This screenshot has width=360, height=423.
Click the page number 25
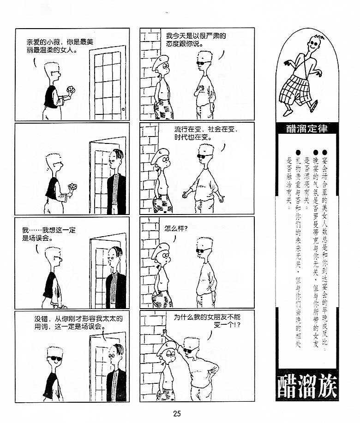click(177, 413)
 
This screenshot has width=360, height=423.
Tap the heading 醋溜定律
click(307, 128)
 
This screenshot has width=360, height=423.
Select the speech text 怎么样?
click(176, 229)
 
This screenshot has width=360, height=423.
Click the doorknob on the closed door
click(123, 109)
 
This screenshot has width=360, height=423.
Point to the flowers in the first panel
click(71, 90)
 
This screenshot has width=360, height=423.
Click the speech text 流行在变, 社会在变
click(206, 129)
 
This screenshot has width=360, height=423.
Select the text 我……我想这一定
click(49, 230)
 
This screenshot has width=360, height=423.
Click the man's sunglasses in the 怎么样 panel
click(203, 251)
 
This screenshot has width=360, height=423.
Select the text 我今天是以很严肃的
click(196, 36)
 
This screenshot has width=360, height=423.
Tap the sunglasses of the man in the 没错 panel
click(55, 358)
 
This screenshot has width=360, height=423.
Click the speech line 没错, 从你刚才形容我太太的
click(78, 319)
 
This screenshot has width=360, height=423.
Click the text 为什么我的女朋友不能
click(207, 317)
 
